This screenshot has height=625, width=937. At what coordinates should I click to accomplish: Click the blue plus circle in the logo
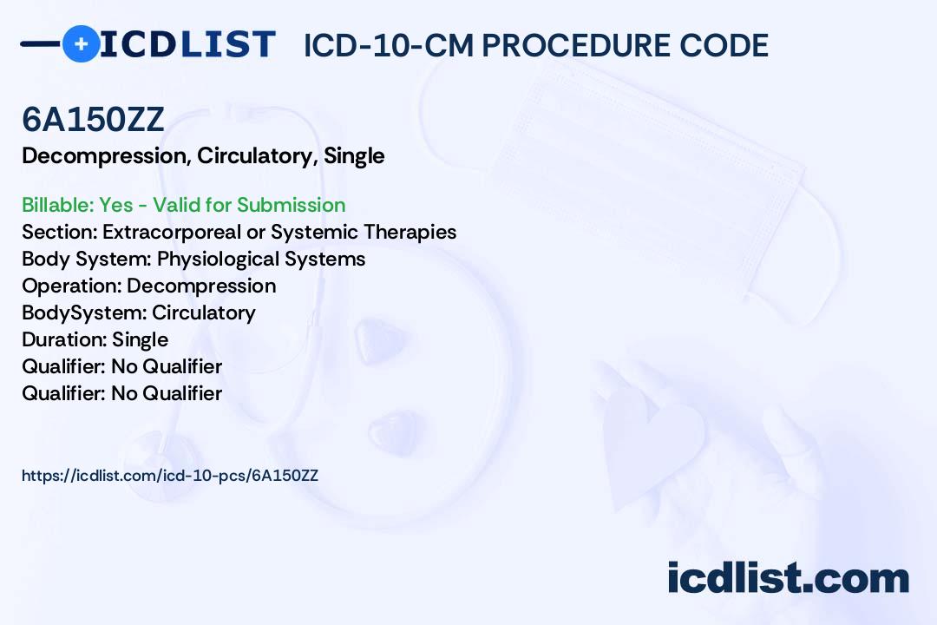pyautogui.click(x=81, y=43)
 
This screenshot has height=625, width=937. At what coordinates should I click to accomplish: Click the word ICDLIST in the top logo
pyautogui.click(x=187, y=44)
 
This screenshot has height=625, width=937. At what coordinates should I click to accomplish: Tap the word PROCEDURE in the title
pyautogui.click(x=576, y=45)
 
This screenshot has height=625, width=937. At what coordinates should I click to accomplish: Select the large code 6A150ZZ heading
pyautogui.click(x=93, y=120)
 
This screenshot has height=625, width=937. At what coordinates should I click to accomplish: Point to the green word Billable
pyautogui.click(x=58, y=205)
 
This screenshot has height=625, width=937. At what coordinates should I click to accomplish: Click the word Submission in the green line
pyautogui.click(x=291, y=205)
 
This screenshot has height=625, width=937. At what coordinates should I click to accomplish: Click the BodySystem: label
pyautogui.click(x=84, y=312)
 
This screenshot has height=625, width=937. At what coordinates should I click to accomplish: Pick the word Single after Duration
pyautogui.click(x=140, y=339)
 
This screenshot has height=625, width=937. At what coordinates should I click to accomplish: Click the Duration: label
pyautogui.click(x=64, y=339)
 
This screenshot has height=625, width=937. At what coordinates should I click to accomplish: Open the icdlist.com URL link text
pyautogui.click(x=170, y=476)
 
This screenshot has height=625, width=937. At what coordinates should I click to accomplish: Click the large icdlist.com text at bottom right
pyautogui.click(x=788, y=578)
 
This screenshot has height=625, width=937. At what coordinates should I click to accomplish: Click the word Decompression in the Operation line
pyautogui.click(x=201, y=286)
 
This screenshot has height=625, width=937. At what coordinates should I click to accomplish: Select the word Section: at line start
pyautogui.click(x=59, y=232)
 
